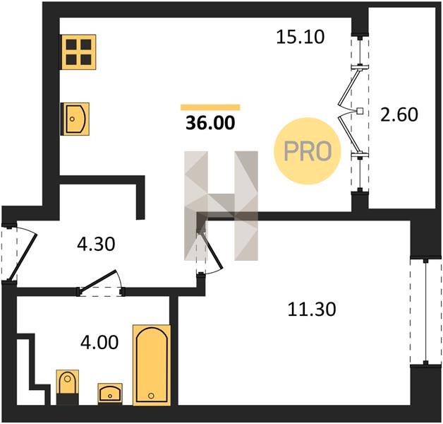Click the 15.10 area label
tap(301, 37)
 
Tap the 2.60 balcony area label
tap(399, 114)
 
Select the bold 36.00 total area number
tap(210, 123)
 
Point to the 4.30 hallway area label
tap(96, 244)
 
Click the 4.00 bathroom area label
tap(99, 342)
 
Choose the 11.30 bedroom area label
tap(312, 309)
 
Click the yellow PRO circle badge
tap(308, 151)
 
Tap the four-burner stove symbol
tap(78, 52)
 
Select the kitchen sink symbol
tap(75, 119)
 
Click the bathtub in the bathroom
tap(152, 365)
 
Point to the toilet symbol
tap(67, 387)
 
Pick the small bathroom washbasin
tap(110, 393)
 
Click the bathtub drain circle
tap(152, 396)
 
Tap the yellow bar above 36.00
tap(210, 107)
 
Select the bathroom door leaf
tap(98, 280)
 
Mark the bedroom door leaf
tap(212, 250)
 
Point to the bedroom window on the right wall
tap(425, 312)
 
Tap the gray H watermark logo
tap(221, 206)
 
